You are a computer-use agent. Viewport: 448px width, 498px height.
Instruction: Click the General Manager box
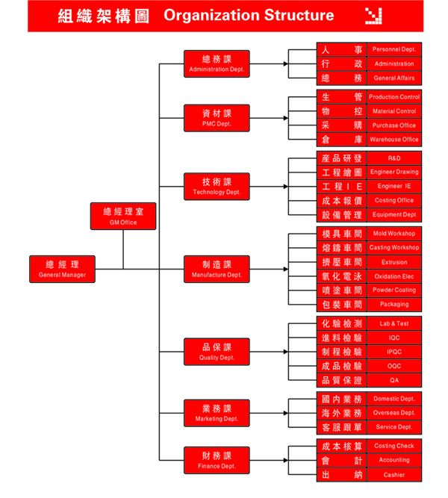[x=63, y=269]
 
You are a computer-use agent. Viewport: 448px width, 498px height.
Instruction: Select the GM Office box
[x=123, y=216]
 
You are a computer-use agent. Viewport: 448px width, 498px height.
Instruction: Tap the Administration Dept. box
[x=217, y=63]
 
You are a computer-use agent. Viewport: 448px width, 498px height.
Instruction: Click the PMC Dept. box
[x=217, y=118]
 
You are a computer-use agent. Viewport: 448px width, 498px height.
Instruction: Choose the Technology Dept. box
[x=217, y=187]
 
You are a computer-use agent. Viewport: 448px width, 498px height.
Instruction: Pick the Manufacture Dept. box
[x=217, y=269]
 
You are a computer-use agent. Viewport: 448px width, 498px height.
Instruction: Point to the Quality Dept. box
[x=217, y=352]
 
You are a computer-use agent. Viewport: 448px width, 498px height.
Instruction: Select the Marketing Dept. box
[x=217, y=413]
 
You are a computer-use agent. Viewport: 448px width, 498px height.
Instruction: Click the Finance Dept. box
[x=217, y=460]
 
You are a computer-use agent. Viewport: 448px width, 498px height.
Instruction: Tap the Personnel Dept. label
[x=394, y=49]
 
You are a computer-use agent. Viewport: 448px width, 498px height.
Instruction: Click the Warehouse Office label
[x=394, y=140]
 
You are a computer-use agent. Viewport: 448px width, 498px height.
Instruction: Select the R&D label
[x=394, y=159]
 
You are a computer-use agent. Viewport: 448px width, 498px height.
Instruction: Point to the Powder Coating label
[x=394, y=290]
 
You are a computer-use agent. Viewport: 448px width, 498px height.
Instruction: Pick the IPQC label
[x=394, y=352]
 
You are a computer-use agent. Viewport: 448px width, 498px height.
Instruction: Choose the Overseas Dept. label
[x=394, y=413]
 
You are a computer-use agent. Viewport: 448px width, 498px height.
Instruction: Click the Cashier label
[x=394, y=475]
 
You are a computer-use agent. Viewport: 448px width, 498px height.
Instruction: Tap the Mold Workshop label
[x=394, y=234]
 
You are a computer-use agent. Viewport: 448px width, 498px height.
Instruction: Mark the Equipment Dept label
[x=394, y=215]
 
